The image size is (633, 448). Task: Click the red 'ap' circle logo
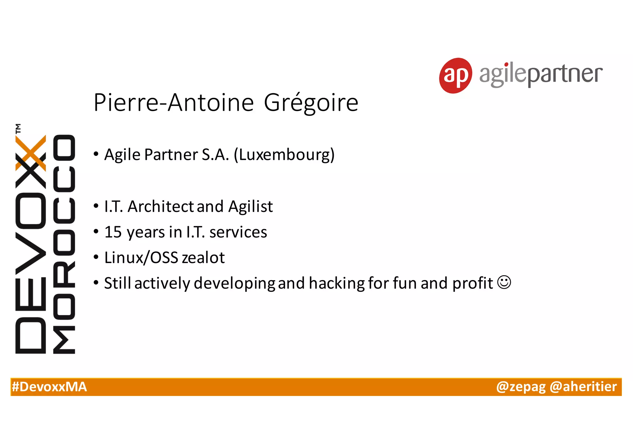(x=455, y=75)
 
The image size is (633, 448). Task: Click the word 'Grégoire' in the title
(x=311, y=103)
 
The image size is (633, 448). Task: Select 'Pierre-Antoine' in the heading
(x=174, y=103)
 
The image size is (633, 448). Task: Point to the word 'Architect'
(x=160, y=206)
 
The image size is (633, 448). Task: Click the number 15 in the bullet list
(x=113, y=232)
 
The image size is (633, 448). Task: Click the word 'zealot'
(x=203, y=258)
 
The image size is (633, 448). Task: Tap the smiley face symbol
(x=504, y=282)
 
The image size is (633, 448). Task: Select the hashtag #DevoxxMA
(x=49, y=387)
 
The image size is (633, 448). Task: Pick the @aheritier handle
(x=583, y=387)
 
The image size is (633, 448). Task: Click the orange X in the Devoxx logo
(x=31, y=153)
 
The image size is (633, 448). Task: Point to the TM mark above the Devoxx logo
(x=19, y=128)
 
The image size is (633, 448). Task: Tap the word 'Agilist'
(x=250, y=206)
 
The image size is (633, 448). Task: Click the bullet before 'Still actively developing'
(x=96, y=283)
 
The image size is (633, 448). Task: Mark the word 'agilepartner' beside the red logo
(x=541, y=74)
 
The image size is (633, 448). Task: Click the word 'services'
(x=238, y=232)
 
